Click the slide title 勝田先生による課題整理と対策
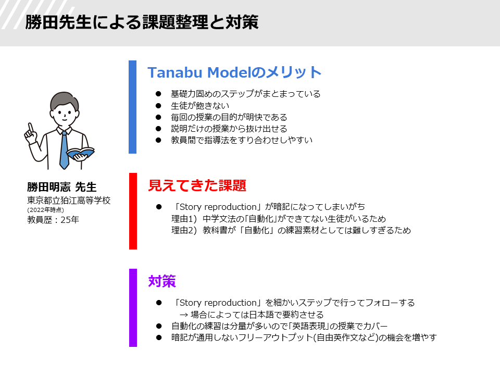[142, 22]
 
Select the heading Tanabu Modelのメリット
[234, 72]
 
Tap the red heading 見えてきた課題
[197, 185]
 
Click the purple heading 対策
[162, 281]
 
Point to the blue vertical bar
[133, 107]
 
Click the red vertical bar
[133, 211]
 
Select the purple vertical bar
[133, 308]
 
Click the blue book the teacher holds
[80, 154]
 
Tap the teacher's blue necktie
[64, 149]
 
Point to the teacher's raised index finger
[31, 128]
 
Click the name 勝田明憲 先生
[61, 187]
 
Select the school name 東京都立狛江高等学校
[69, 200]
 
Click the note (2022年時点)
[46, 210]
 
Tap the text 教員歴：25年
[53, 220]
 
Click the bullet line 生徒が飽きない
[200, 106]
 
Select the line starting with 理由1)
[279, 219]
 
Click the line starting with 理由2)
[291, 230]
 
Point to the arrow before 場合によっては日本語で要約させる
[184, 315]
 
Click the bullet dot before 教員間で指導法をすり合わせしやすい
[158, 140]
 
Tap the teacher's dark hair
[64, 101]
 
